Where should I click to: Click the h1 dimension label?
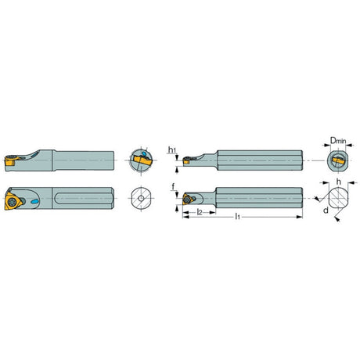(172, 150)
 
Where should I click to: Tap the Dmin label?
(338, 141)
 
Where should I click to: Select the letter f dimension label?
(173, 186)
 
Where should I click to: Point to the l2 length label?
(200, 212)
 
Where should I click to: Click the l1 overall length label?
(237, 216)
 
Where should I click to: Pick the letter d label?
(326, 210)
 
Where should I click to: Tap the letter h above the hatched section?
(338, 182)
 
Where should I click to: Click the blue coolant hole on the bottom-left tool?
(34, 201)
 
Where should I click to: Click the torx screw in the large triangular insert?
(12, 202)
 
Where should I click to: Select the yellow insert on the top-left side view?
(9, 162)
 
